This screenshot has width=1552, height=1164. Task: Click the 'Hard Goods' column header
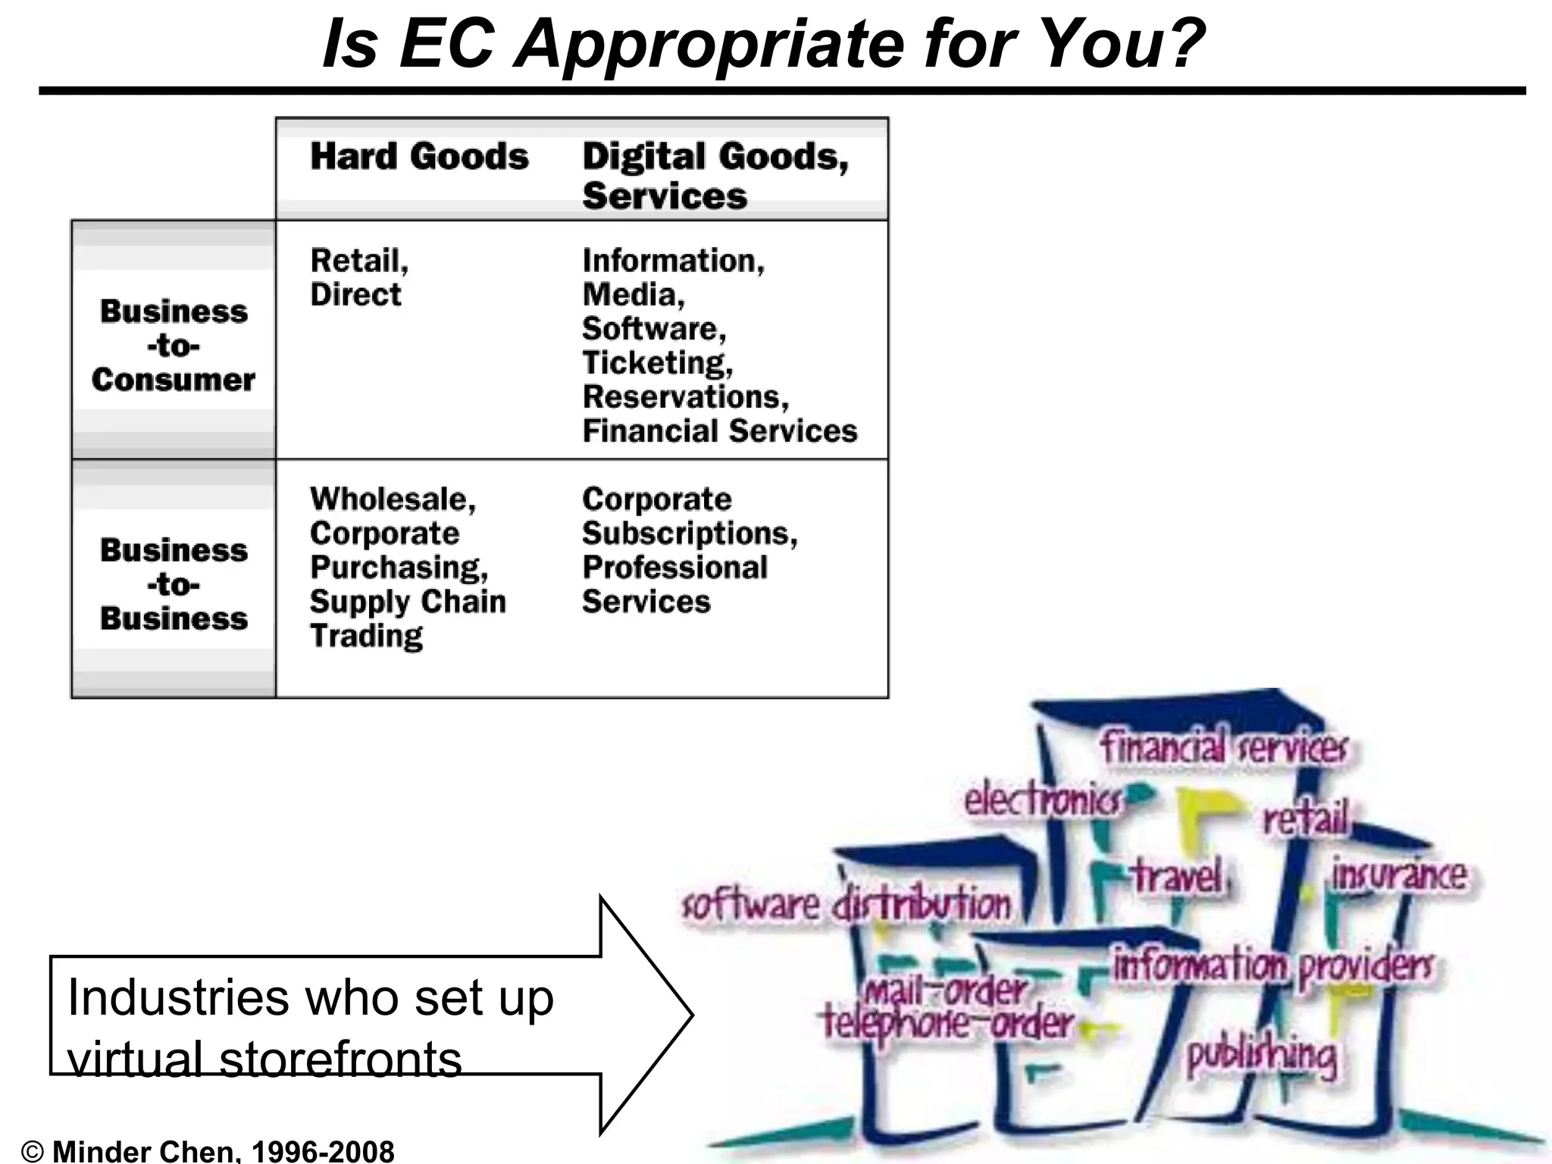click(419, 157)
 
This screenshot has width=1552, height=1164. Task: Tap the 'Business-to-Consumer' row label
click(174, 346)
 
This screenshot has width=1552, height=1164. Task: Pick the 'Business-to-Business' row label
click(174, 584)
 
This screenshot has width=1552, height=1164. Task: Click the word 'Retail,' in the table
click(359, 261)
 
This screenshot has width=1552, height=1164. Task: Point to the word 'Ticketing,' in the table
click(657, 363)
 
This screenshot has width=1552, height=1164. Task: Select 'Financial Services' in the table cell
click(719, 431)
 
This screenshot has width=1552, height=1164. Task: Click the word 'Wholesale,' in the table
click(393, 499)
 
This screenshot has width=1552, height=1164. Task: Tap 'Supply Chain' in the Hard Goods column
click(408, 602)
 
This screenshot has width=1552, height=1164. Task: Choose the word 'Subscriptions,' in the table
click(690, 533)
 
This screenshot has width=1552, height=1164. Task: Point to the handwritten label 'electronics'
click(1042, 800)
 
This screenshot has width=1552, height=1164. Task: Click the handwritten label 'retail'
click(1305, 818)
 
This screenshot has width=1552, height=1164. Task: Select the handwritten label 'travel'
click(1177, 878)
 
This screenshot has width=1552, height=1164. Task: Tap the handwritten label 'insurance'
click(1399, 875)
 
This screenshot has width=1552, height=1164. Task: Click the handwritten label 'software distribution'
click(846, 905)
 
